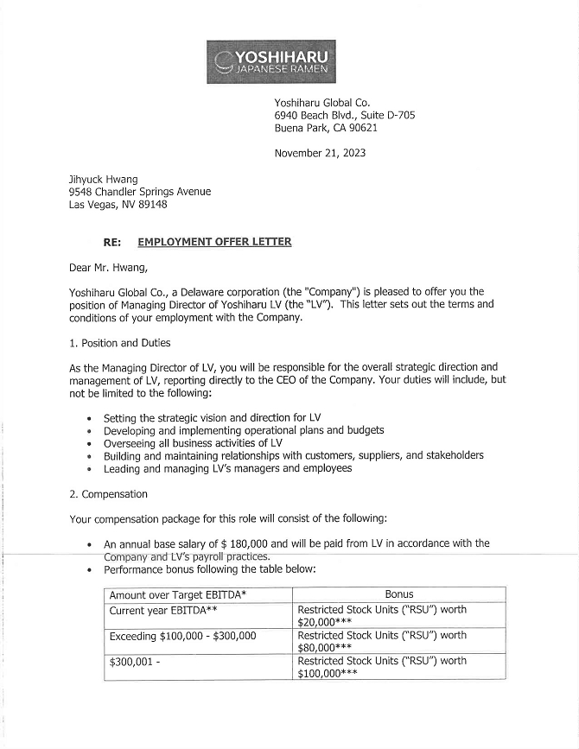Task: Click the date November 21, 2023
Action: pos(320,153)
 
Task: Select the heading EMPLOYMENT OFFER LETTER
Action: pos(214,242)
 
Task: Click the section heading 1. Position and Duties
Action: pos(119,343)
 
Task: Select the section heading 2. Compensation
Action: pos(108,494)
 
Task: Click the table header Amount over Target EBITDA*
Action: pos(178,595)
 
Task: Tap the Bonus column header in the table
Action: pos(398,594)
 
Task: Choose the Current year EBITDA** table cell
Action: pos(166,610)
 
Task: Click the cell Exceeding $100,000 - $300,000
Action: pos(182,636)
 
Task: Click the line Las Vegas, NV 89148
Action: pos(118,205)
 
